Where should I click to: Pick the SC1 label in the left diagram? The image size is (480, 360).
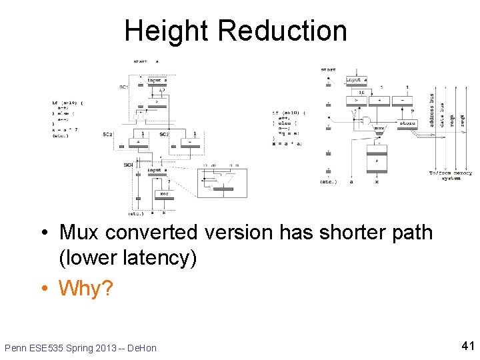click(123, 86)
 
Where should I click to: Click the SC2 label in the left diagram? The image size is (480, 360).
click(107, 135)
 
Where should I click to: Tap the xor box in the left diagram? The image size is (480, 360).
click(163, 194)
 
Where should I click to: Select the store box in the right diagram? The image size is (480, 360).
click(407, 123)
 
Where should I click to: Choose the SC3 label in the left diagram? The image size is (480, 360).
click(164, 135)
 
